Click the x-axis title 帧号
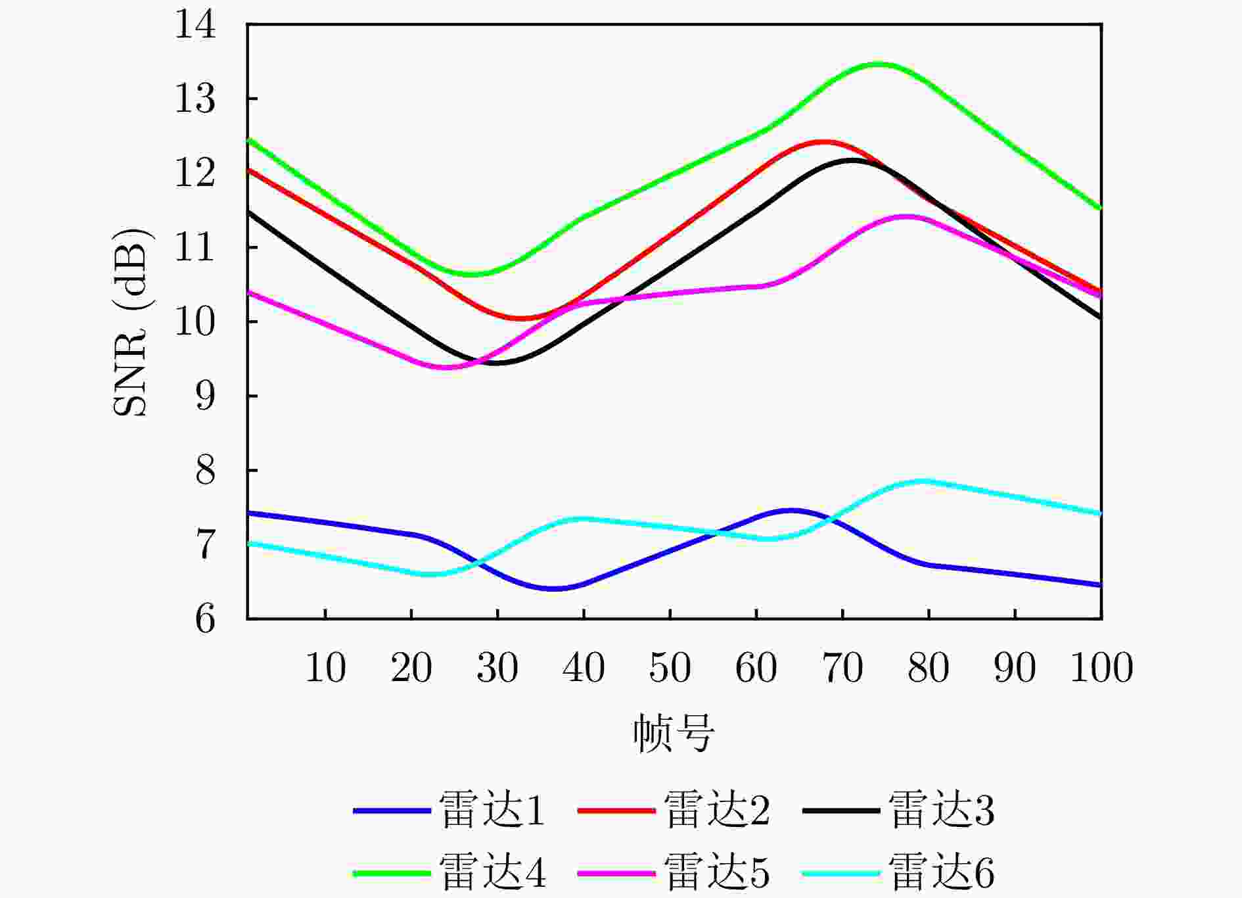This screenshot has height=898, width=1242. pos(674,733)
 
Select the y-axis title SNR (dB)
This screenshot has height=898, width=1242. pos(131,322)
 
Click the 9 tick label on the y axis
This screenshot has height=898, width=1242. pos(206,396)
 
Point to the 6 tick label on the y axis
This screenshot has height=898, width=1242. pos(206,619)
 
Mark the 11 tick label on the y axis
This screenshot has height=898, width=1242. pos(195,248)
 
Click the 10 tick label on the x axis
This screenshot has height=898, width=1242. pos(325,668)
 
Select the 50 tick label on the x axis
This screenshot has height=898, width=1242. pos(670,668)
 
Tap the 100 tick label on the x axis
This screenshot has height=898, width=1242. pos(1101,668)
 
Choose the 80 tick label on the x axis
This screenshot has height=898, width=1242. pos(929,668)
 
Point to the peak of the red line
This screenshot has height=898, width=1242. pos(822,141)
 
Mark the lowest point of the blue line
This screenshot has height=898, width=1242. pos(553,588)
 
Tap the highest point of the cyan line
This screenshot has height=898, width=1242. pos(923,481)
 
